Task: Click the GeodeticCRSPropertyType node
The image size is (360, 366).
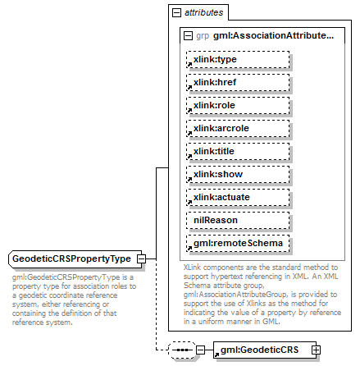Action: coord(72,259)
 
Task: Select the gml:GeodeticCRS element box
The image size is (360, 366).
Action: coord(260,350)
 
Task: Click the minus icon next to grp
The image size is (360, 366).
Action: coord(188,36)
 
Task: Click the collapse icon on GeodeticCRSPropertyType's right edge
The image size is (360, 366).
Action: coord(141,259)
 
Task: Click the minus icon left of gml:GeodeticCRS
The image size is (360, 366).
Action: coord(201,350)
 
